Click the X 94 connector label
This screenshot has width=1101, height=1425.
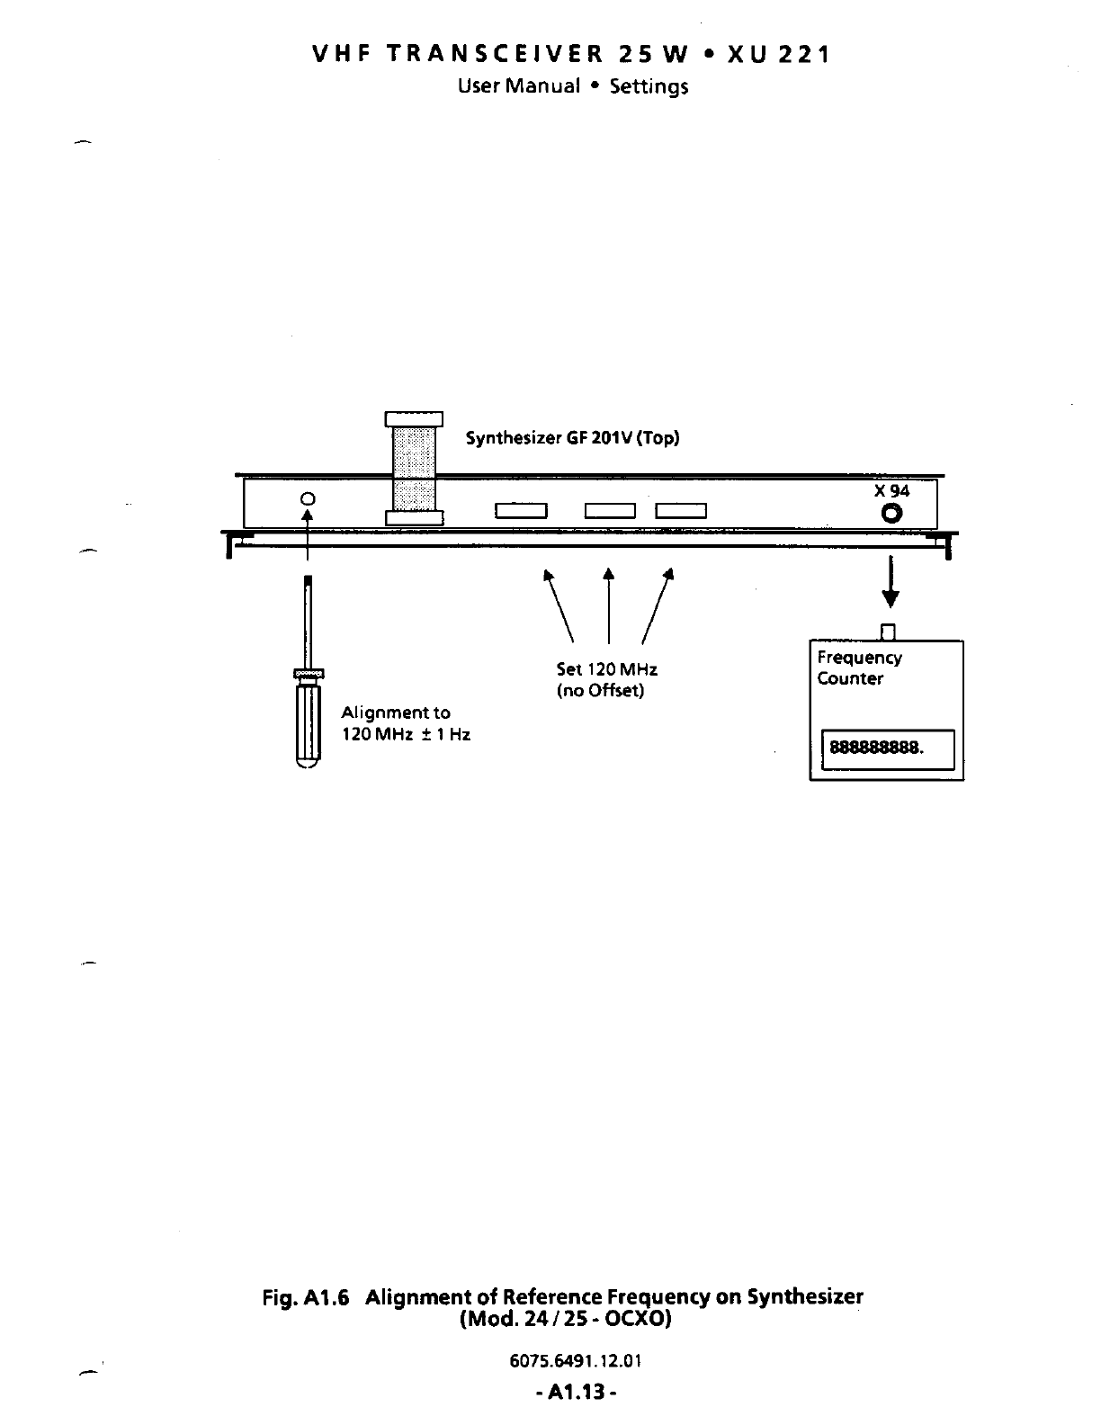coord(891,491)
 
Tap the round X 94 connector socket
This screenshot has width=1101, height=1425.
coord(892,514)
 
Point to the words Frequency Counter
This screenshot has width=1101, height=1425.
coord(859,668)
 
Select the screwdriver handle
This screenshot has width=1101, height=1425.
coord(308,724)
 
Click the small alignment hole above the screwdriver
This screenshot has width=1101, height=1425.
coord(308,498)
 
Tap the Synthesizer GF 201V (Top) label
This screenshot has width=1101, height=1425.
coord(572,439)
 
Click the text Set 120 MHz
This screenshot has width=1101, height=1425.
coord(606,670)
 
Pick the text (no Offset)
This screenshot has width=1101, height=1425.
coord(600,691)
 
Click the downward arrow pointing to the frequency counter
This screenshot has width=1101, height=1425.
coord(891,582)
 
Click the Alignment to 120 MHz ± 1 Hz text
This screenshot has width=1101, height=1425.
coord(405,723)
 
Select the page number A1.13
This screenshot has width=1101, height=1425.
coord(575,1393)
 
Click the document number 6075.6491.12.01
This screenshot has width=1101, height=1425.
coord(575,1360)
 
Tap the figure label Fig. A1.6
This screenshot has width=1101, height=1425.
coord(305,1297)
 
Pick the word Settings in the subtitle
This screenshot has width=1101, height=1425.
coord(649,86)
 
